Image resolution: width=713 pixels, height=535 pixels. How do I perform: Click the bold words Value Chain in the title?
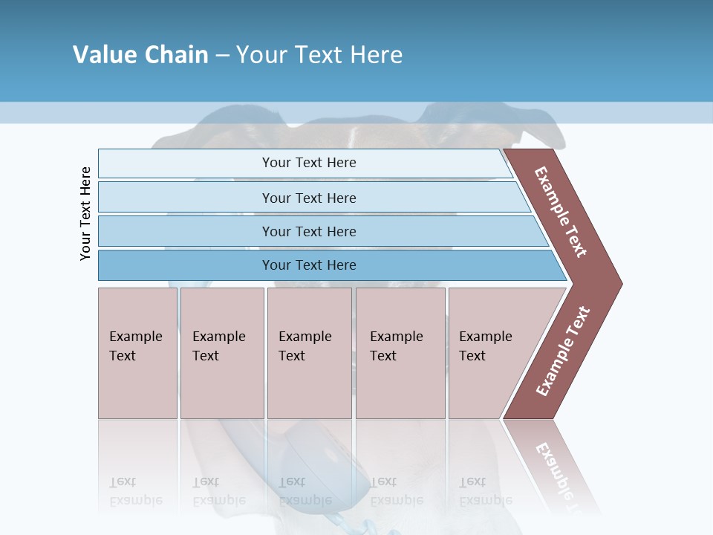pyautogui.click(x=140, y=55)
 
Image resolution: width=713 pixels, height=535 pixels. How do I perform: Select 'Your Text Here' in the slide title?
pyautogui.click(x=319, y=55)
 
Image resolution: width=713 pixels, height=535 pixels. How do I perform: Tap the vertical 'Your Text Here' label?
pyautogui.click(x=85, y=213)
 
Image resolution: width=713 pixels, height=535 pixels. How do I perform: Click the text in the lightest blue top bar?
pyautogui.click(x=309, y=163)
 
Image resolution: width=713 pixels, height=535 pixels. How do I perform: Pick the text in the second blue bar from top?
pyautogui.click(x=309, y=198)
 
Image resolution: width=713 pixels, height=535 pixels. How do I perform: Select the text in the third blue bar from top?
pyautogui.click(x=309, y=231)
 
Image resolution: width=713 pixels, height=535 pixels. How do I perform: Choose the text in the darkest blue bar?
pyautogui.click(x=309, y=265)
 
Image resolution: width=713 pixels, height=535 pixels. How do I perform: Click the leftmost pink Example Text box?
pyautogui.click(x=137, y=346)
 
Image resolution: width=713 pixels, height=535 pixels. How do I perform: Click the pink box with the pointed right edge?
pyautogui.click(x=490, y=346)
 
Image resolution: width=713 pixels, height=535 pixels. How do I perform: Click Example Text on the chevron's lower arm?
pyautogui.click(x=562, y=351)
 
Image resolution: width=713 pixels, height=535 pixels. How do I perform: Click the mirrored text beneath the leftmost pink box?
pyautogui.click(x=137, y=491)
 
